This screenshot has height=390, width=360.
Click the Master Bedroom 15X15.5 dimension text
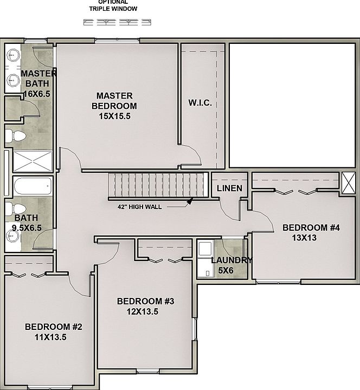(114, 116)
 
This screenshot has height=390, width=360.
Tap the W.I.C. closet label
(200, 102)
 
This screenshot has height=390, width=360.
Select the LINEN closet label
(229, 188)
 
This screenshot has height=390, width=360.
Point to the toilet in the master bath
(15, 136)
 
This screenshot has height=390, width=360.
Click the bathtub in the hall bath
(33, 186)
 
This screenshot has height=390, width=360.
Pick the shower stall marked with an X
(33, 161)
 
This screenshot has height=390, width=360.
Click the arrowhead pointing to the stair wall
(190, 201)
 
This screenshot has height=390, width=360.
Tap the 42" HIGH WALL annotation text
(140, 207)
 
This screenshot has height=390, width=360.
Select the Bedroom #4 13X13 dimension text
(304, 238)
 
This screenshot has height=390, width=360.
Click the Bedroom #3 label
(146, 301)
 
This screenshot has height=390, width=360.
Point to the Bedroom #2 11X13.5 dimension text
(50, 337)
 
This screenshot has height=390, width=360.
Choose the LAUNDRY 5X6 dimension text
(226, 270)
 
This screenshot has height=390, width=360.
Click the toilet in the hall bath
(15, 209)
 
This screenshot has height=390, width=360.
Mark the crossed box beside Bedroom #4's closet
(348, 183)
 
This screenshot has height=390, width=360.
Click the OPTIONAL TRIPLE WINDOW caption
(113, 5)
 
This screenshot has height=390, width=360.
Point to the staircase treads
(158, 185)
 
